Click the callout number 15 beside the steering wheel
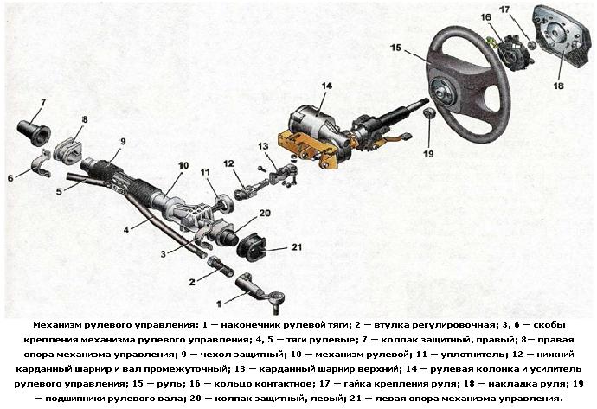[395, 48]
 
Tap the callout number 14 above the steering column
[326, 86]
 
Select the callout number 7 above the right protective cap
[43, 102]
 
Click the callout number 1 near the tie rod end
[218, 304]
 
